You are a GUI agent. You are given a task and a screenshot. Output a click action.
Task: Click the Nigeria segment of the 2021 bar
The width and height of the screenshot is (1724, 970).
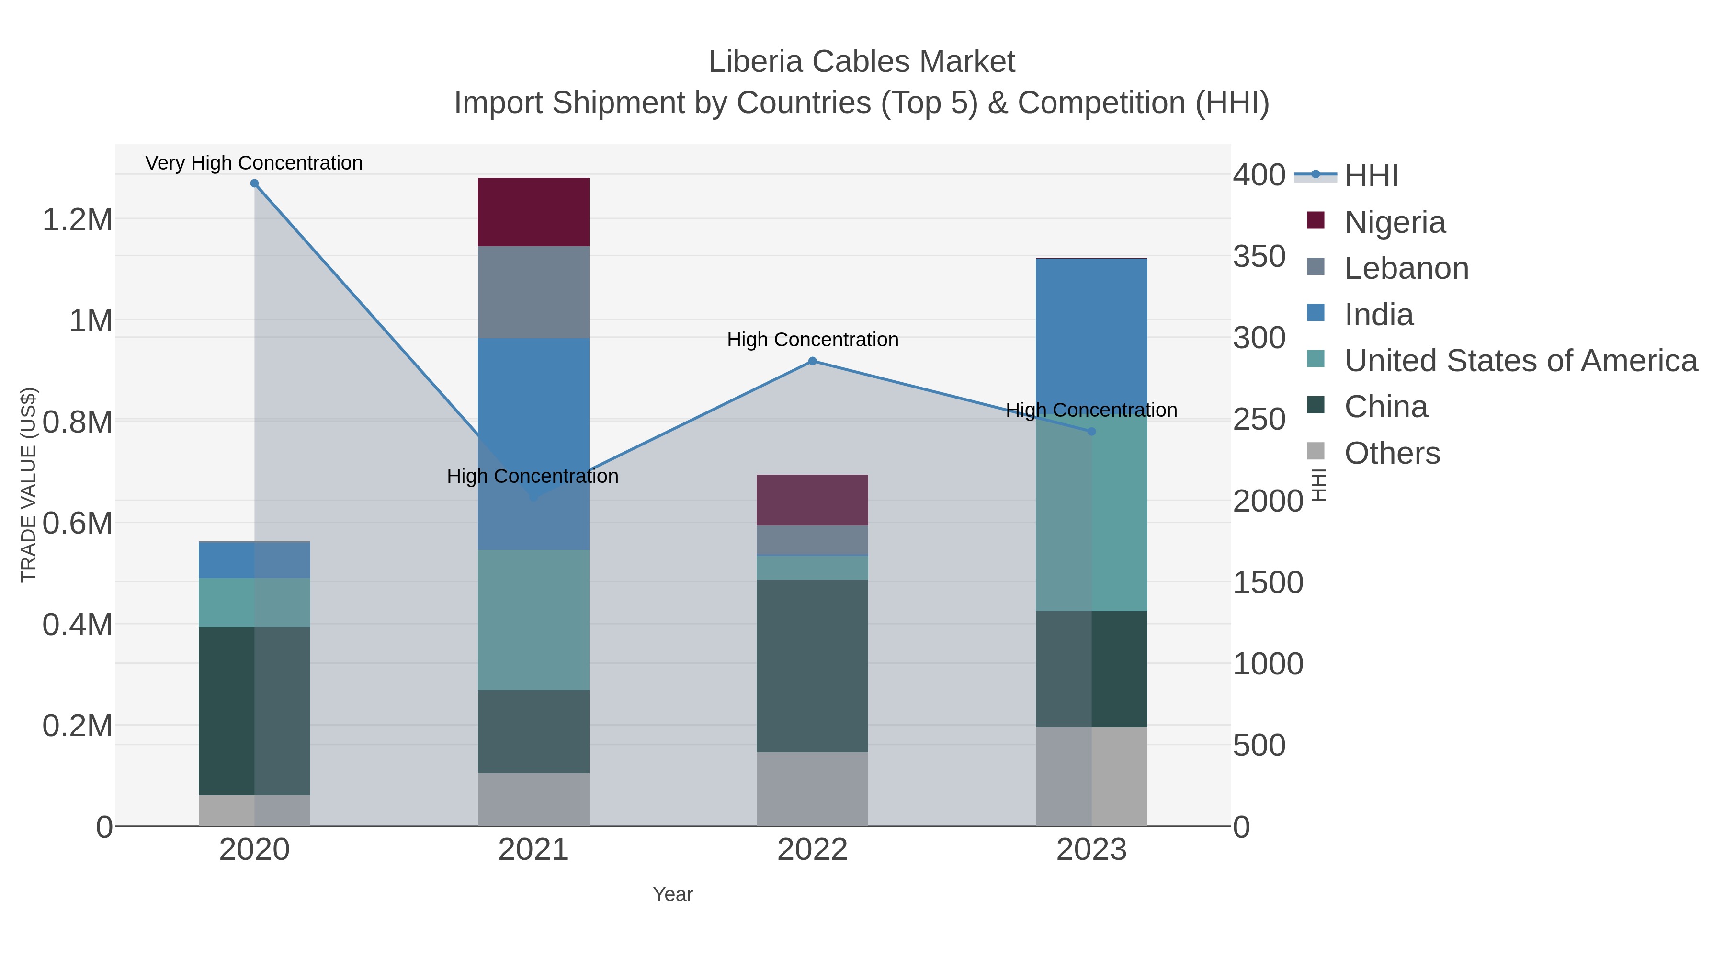click(533, 212)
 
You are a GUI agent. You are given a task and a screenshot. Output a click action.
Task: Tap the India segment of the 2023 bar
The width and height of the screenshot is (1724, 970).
click(1091, 331)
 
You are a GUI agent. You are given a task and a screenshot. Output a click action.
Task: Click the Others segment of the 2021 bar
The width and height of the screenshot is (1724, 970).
click(533, 799)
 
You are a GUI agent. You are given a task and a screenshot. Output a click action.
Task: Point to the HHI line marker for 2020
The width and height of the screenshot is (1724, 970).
click(254, 183)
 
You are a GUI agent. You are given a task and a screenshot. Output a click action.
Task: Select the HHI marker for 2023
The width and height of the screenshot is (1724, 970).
click(1091, 431)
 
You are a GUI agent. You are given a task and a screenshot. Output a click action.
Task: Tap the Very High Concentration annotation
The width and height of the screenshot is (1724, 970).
click(254, 163)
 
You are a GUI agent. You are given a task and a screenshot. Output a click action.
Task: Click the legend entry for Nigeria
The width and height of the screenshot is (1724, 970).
click(1395, 222)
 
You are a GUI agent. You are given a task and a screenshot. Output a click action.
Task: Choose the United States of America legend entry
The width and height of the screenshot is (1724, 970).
click(1520, 361)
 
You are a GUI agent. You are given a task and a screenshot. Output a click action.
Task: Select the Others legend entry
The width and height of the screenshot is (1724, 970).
click(1392, 453)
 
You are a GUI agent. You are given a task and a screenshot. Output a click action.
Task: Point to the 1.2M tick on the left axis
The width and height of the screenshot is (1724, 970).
click(78, 219)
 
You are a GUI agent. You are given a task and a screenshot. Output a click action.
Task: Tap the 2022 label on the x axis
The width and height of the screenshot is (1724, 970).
click(812, 849)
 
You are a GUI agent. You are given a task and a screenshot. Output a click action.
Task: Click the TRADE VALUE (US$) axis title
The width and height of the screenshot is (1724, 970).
click(28, 485)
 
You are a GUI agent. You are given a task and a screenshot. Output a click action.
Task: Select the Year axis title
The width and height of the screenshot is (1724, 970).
click(673, 894)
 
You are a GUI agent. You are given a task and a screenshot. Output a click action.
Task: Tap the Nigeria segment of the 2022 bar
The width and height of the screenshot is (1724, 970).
click(812, 500)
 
